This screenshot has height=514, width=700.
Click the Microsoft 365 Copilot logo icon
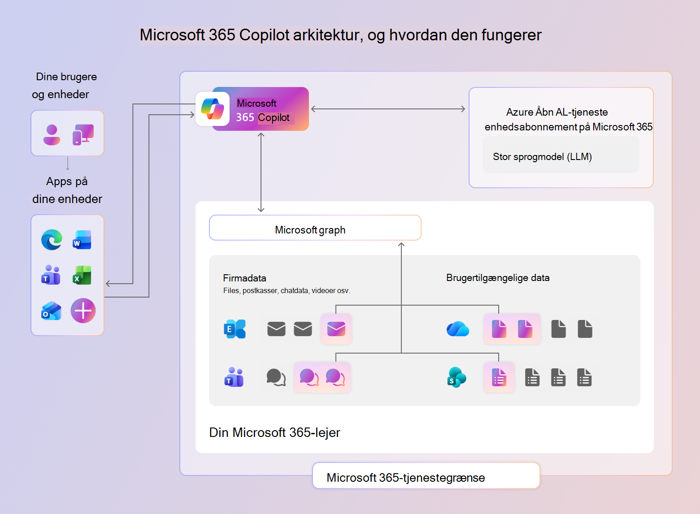coord(213,109)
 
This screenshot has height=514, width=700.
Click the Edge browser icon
coord(52,240)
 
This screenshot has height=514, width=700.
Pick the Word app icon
coord(82,240)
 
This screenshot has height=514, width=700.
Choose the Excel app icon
coord(82,276)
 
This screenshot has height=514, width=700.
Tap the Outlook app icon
coord(52,311)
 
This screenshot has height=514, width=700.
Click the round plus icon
coord(83,311)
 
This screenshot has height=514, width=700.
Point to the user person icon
coord(52,134)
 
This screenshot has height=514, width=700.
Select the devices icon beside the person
coord(83,134)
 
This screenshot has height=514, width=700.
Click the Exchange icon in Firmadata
coord(235,329)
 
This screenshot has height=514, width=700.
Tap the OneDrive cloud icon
coord(458,329)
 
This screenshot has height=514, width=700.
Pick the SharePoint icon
coord(457,377)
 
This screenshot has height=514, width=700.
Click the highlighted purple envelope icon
coord(336,329)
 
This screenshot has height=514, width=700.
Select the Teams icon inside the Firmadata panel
coord(234,377)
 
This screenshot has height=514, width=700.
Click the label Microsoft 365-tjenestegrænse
coord(405,478)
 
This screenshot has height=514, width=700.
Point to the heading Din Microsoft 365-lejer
coord(274,432)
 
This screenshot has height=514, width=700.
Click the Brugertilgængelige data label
coord(498,278)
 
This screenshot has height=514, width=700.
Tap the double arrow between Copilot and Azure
coord(388,109)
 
